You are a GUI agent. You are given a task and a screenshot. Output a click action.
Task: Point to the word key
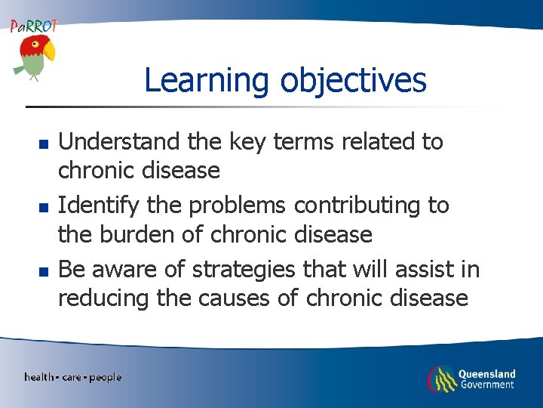[x=250, y=141]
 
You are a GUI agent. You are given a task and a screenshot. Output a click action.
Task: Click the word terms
[x=311, y=141]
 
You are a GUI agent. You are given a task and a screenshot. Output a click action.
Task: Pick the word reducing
[x=103, y=298]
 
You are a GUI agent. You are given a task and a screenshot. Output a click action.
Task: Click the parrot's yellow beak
[x=49, y=51]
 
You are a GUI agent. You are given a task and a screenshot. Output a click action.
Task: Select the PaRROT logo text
[x=32, y=26]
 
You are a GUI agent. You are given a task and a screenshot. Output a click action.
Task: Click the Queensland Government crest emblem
[x=442, y=378]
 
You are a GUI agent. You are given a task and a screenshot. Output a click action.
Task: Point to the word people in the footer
[x=105, y=377]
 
